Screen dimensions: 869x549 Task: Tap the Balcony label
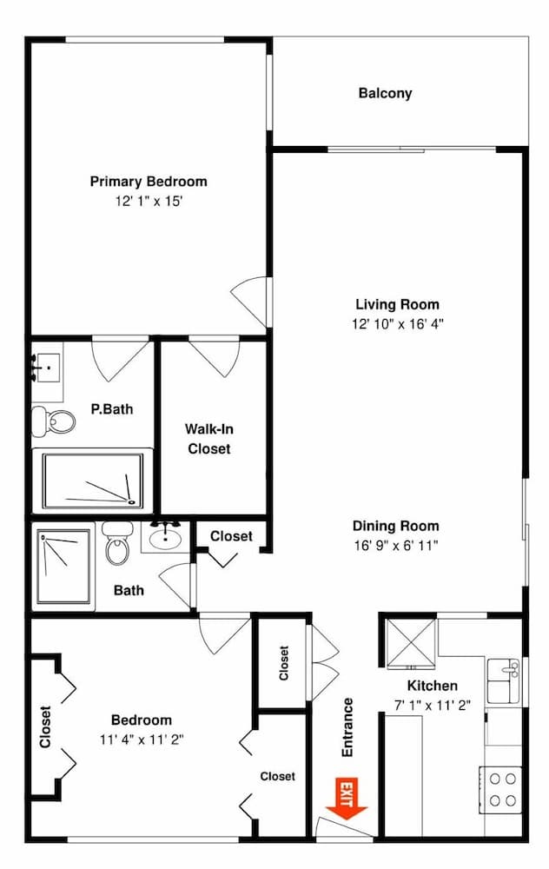click(x=385, y=93)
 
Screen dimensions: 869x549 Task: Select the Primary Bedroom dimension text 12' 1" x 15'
click(x=149, y=201)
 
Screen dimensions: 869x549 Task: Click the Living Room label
click(x=397, y=304)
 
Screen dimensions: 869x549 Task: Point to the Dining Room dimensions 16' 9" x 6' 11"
click(x=396, y=546)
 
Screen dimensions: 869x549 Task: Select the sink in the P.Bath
click(x=47, y=368)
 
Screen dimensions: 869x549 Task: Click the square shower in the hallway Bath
click(x=63, y=567)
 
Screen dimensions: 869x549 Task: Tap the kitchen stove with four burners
click(x=502, y=789)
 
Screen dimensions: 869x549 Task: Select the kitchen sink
click(x=504, y=680)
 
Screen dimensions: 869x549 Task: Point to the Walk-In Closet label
click(x=208, y=439)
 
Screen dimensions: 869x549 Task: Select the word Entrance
click(x=347, y=729)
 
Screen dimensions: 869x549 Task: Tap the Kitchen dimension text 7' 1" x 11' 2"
click(x=433, y=706)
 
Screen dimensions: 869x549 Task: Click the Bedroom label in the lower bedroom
click(x=141, y=720)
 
